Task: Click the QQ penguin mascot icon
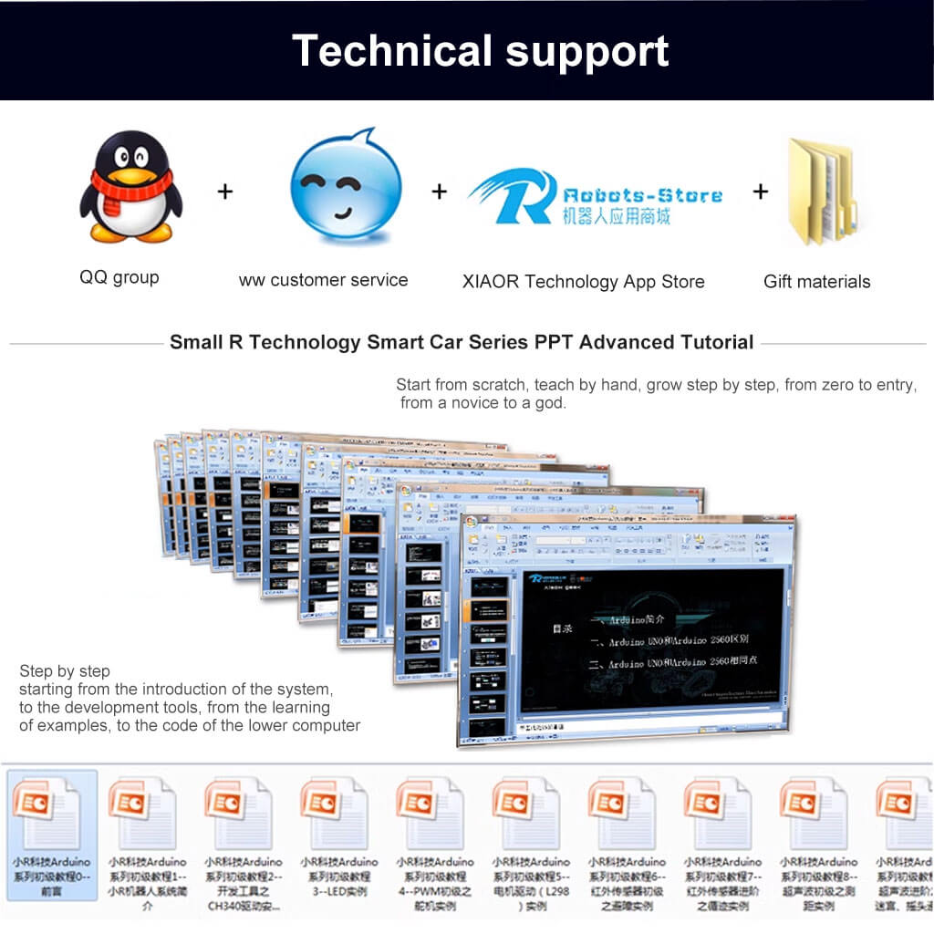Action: [130, 187]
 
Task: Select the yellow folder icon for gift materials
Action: [820, 192]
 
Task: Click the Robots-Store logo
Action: [595, 196]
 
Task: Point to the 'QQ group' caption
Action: [119, 277]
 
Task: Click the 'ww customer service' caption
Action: [323, 280]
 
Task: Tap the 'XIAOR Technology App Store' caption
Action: [583, 282]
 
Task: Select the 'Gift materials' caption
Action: [816, 282]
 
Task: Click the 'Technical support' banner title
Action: [480, 50]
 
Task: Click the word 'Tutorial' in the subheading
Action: [717, 343]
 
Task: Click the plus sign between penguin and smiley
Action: [225, 192]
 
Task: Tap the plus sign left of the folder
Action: [761, 192]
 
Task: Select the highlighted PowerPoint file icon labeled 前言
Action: [51, 812]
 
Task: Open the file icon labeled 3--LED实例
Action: [338, 812]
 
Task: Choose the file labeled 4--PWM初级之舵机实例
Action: [434, 877]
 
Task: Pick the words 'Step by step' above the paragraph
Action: [65, 671]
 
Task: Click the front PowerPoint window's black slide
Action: [652, 638]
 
